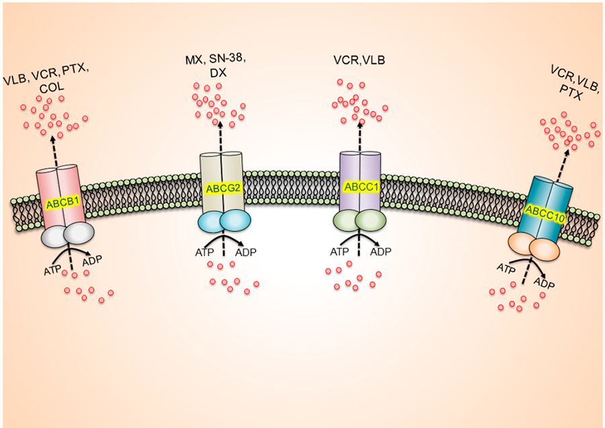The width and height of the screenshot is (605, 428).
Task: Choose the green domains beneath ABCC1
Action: pyautogui.click(x=358, y=222)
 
